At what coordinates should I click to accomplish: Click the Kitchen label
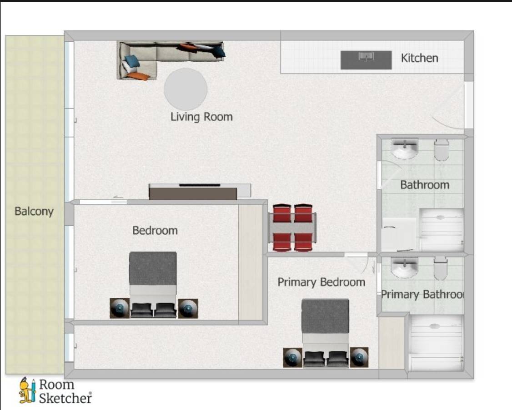(419, 58)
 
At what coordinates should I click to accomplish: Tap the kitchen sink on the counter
(366, 57)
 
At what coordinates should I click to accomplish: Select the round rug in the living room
(186, 89)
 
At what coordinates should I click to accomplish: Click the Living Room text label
(201, 117)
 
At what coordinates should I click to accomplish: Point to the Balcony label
(34, 211)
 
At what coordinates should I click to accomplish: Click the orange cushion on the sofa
(138, 76)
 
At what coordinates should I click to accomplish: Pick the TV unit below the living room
(193, 192)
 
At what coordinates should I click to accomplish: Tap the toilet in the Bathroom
(442, 150)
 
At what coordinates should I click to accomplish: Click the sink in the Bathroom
(405, 149)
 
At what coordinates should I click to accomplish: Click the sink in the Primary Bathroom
(405, 268)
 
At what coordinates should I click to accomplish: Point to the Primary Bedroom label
(321, 282)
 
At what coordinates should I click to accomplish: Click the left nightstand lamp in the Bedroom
(120, 308)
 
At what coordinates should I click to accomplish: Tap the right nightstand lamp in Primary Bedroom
(359, 357)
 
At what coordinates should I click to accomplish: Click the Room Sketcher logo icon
(27, 390)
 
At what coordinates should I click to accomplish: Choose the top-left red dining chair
(282, 214)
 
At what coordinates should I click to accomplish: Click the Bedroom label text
(155, 231)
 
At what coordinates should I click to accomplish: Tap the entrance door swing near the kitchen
(450, 107)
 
